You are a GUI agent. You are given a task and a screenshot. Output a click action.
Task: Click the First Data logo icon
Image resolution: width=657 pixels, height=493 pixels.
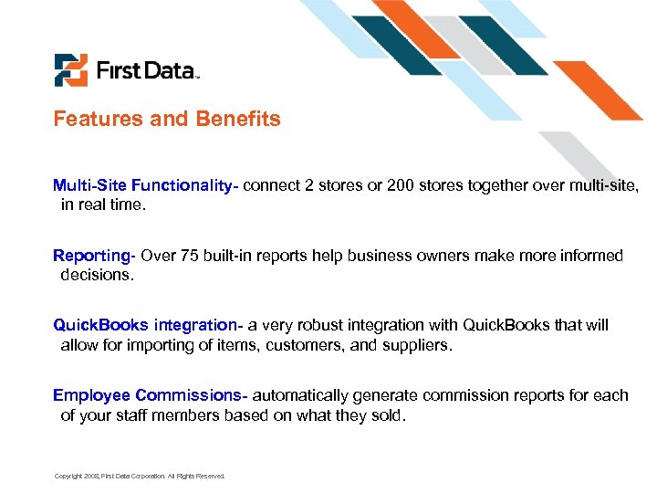pyautogui.click(x=70, y=70)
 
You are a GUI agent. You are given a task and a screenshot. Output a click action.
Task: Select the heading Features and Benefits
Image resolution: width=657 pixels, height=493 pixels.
pyautogui.click(x=167, y=119)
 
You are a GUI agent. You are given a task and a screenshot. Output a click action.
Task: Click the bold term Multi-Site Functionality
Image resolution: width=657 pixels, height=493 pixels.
pyautogui.click(x=144, y=186)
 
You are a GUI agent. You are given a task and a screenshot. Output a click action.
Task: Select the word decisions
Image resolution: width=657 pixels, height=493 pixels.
pyautogui.click(x=96, y=274)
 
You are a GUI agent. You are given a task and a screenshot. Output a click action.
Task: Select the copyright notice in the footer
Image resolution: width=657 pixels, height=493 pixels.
pyautogui.click(x=139, y=476)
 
